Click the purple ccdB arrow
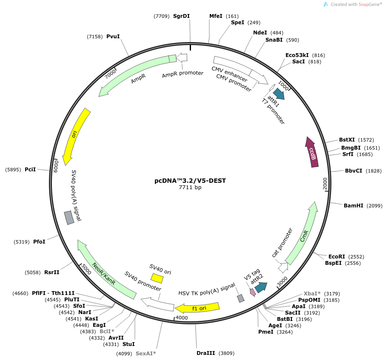pyautogui.click(x=312, y=153)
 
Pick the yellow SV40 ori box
pyautogui.click(x=157, y=278)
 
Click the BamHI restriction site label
pyautogui.click(x=354, y=206)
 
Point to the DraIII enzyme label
pyautogui.click(x=206, y=353)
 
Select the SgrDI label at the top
pyautogui.click(x=182, y=16)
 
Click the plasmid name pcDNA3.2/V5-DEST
pyautogui.click(x=190, y=181)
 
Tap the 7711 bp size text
pyautogui.click(x=190, y=187)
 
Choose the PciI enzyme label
pyautogui.click(x=30, y=170)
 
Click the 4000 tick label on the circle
pyautogui.click(x=182, y=318)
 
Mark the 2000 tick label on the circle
pyautogui.click(x=325, y=184)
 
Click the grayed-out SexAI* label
pyautogui.click(x=146, y=353)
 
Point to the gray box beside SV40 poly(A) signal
pyautogui.click(x=69, y=218)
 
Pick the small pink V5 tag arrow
pyautogui.click(x=253, y=292)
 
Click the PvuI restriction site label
pyautogui.click(x=113, y=37)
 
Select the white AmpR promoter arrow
pyautogui.click(x=182, y=57)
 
